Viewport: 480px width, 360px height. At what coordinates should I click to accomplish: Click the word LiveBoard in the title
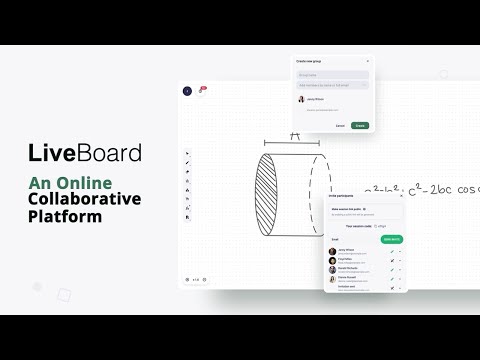(84, 153)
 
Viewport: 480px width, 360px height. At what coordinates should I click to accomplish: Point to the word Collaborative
(84, 199)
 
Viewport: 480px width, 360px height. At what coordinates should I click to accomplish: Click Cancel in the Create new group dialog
(340, 125)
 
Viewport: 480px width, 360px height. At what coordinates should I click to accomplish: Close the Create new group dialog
(367, 62)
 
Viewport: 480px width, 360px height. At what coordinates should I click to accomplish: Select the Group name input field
(332, 74)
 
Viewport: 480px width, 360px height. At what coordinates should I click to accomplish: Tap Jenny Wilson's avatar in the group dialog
(301, 99)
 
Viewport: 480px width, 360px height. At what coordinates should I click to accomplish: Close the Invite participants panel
(400, 196)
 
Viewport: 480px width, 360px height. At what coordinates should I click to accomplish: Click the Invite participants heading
(342, 196)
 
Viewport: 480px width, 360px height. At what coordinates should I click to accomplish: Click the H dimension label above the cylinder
(294, 135)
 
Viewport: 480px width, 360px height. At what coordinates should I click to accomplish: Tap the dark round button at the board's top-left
(187, 91)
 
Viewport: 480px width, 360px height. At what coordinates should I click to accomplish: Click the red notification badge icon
(202, 89)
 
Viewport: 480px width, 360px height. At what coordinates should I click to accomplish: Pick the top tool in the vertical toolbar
(188, 153)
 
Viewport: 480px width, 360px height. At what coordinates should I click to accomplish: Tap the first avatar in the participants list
(333, 251)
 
